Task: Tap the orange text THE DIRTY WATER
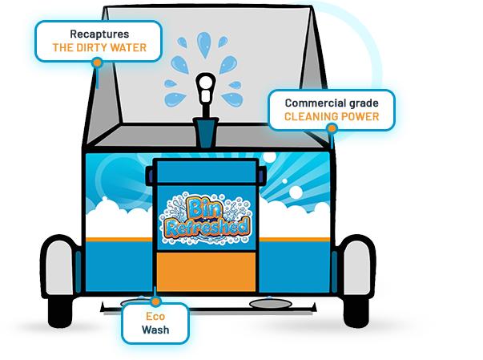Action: pyautogui.click(x=99, y=48)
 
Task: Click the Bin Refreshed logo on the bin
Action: pyautogui.click(x=206, y=216)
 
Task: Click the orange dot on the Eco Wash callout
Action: pyautogui.click(x=155, y=301)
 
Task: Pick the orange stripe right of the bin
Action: pyautogui.click(x=292, y=238)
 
